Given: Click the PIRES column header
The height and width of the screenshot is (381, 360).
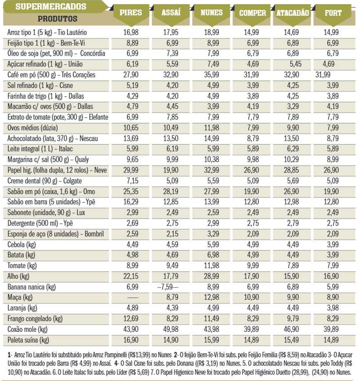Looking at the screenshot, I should pyautogui.click(x=131, y=13).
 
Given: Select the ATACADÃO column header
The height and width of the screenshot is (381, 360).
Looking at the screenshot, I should pyautogui.click(x=292, y=13).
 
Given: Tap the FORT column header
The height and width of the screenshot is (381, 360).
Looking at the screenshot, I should pyautogui.click(x=333, y=13).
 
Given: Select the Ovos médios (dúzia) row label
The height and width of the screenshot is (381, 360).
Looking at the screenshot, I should pyautogui.click(x=32, y=128).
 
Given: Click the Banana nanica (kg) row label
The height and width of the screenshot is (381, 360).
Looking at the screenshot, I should pyautogui.click(x=31, y=287).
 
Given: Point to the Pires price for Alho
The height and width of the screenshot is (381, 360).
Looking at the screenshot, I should pyautogui.click(x=131, y=276).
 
